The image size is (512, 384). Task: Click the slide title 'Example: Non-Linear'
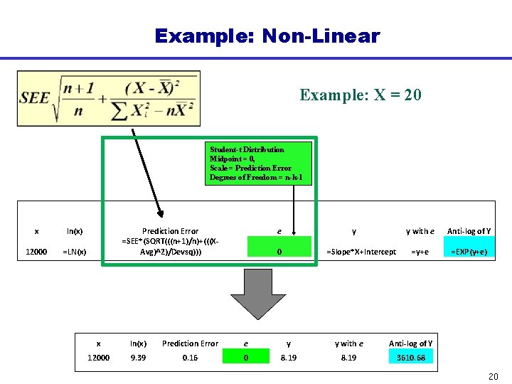point(267,36)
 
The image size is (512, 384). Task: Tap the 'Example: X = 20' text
point(361,95)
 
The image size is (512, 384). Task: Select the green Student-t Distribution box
point(259,163)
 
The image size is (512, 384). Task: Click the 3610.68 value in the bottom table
point(411,358)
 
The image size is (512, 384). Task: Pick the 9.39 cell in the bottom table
point(138,358)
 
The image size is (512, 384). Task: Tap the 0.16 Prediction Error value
point(191,358)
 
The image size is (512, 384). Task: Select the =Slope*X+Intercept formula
point(361,252)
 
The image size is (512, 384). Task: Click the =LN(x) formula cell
point(75,252)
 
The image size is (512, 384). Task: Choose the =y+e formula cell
point(420,252)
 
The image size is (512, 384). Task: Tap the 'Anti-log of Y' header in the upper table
point(469,231)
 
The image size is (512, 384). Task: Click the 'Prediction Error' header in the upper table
point(171,231)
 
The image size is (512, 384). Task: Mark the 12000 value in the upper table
point(36,252)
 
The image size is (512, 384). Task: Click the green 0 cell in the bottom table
point(246,358)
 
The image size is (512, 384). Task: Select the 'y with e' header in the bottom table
point(349,343)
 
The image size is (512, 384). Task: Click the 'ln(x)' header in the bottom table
point(138,343)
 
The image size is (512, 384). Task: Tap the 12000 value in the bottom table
point(99,358)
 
